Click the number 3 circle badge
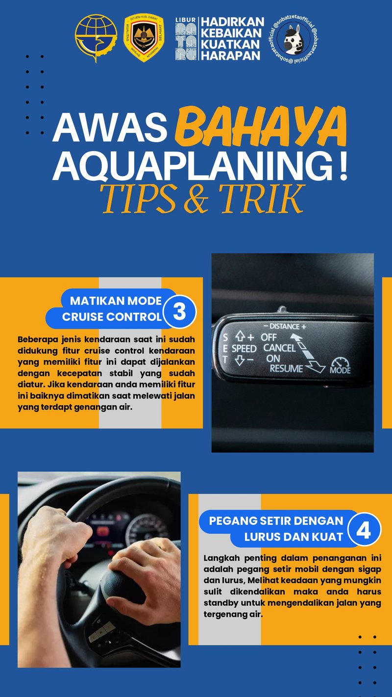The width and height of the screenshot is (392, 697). [179, 311]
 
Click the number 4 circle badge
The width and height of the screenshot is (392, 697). [364, 530]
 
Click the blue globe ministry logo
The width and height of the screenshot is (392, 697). [96, 38]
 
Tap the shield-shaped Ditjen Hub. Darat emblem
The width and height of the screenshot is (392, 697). [144, 38]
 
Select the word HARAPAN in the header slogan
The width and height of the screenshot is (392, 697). [231, 55]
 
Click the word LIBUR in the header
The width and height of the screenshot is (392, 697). [186, 20]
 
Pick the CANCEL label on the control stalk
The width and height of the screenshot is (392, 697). [279, 348]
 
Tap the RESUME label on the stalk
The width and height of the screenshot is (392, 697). [286, 368]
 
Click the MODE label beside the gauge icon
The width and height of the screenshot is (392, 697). [340, 371]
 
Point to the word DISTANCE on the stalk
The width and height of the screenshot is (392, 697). [284, 326]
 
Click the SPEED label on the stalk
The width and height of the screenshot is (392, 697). [244, 348]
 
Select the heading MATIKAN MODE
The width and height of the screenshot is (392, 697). [116, 300]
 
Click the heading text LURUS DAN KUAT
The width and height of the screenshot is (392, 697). [294, 537]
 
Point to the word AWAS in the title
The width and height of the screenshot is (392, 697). [109, 127]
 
